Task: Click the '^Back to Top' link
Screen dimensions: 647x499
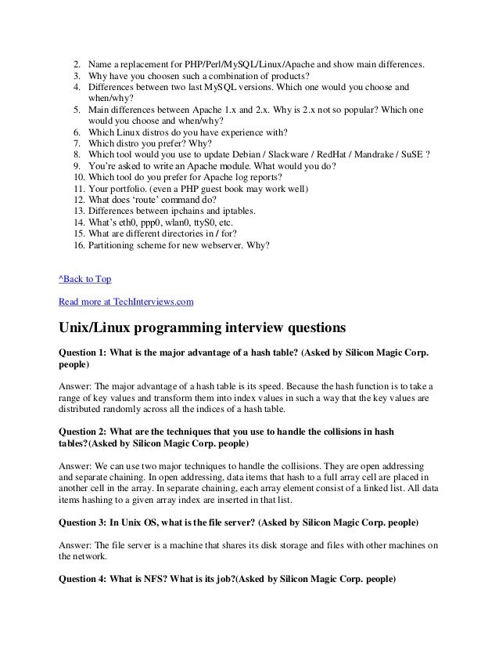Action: pos(86,278)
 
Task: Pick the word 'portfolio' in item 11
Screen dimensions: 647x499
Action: pos(131,190)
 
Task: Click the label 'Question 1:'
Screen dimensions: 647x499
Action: pos(83,353)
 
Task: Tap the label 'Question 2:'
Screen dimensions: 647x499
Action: pos(83,430)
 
